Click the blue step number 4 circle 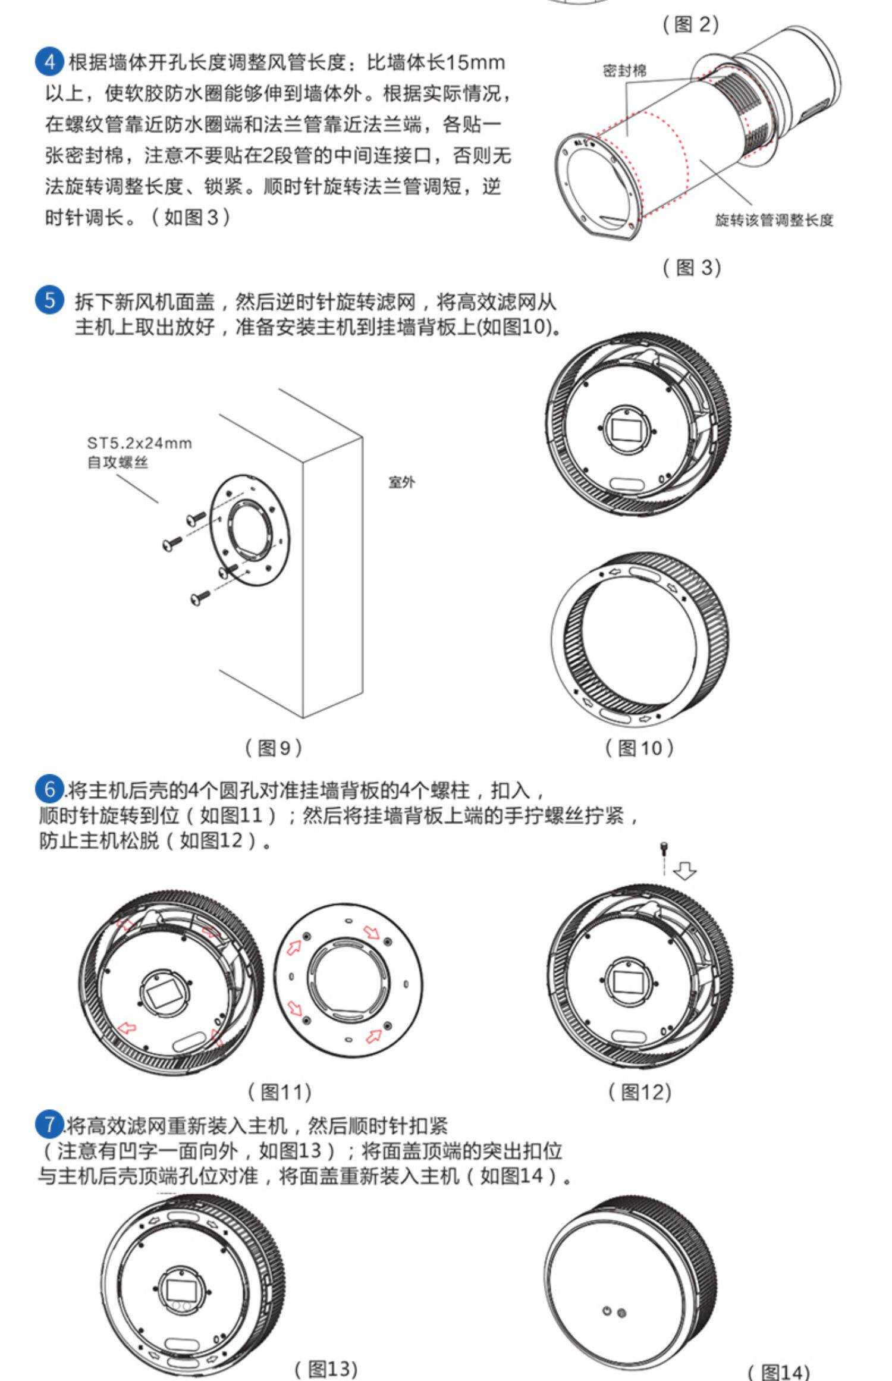[50, 62]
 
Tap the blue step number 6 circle [50, 790]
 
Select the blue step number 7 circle [50, 1125]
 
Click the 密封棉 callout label [624, 71]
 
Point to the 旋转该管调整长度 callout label [774, 220]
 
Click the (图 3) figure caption [692, 267]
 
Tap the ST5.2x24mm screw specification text [140, 443]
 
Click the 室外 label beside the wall [402, 482]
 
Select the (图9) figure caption [274, 748]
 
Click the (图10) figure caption [639, 748]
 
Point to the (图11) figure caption [279, 1091]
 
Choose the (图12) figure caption [639, 1091]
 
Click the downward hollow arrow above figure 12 [685, 871]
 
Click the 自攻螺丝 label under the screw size [117, 462]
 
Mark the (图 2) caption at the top [691, 24]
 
